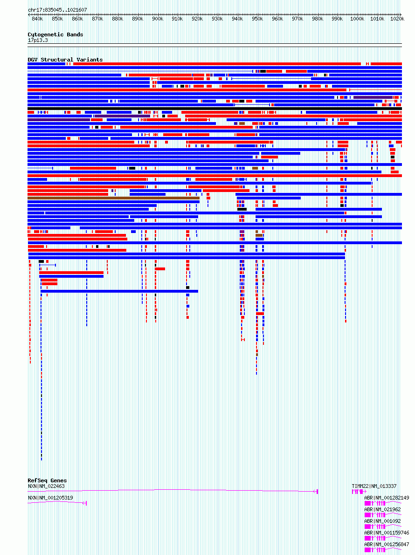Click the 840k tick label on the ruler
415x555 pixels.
pyautogui.click(x=37, y=19)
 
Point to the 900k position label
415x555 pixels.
pyautogui.click(x=158, y=19)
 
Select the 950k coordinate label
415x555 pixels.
pyautogui.click(x=257, y=19)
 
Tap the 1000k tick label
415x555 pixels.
pyautogui.click(x=357, y=19)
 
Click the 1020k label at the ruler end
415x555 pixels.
pyautogui.click(x=397, y=19)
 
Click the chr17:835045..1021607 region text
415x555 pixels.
pyautogui.click(x=57, y=10)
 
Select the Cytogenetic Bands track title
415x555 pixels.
pyautogui.click(x=55, y=34)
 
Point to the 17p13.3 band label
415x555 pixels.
pyautogui.click(x=38, y=41)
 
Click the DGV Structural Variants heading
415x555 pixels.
pyautogui.click(x=65, y=60)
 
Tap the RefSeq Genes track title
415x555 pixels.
pyautogui.click(x=47, y=480)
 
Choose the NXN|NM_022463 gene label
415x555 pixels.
pyautogui.click(x=46, y=486)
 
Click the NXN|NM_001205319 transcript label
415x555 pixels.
pyautogui.click(x=51, y=498)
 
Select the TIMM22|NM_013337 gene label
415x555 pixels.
pyautogui.click(x=374, y=486)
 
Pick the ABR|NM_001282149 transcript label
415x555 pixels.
pyautogui.click(x=387, y=498)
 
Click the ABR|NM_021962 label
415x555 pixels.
pyautogui.click(x=382, y=509)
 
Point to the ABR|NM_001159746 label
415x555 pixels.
pyautogui.click(x=387, y=533)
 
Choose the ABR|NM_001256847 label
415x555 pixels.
pyautogui.click(x=387, y=544)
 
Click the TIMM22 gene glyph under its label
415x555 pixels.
pyautogui.click(x=359, y=492)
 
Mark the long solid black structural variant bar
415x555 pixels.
pyautogui.click(x=214, y=109)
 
